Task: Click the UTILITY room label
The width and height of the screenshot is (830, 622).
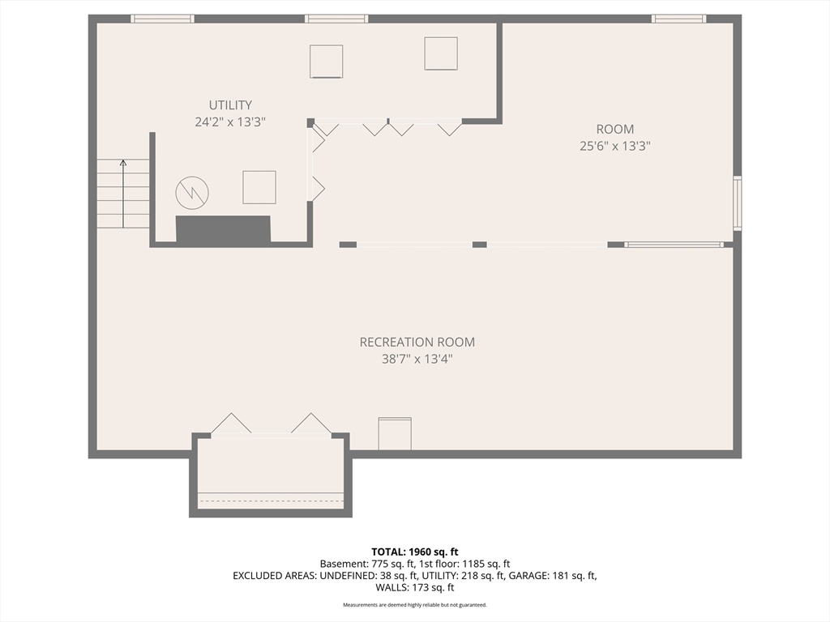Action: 230,104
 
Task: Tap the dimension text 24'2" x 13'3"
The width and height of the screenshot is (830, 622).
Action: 230,122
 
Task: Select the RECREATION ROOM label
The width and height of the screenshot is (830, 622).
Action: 417,343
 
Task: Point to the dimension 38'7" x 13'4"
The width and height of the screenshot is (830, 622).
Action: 417,359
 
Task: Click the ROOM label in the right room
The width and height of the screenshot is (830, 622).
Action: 615,129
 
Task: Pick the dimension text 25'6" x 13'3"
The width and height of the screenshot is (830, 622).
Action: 615,146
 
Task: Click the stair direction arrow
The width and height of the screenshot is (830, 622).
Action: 123,194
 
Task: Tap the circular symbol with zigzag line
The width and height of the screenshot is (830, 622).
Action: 192,193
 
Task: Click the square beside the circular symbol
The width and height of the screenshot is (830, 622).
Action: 259,187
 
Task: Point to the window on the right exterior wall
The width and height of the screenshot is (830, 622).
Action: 737,203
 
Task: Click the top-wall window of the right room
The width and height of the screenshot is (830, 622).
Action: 678,19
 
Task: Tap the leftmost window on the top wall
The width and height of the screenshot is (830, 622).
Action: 162,19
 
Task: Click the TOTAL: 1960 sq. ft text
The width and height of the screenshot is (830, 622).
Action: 415,552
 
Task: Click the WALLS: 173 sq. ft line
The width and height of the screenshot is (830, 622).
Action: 415,587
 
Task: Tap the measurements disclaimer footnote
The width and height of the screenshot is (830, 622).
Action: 415,604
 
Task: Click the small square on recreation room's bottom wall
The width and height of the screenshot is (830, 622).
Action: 395,434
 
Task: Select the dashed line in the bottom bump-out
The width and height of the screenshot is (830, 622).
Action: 271,501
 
